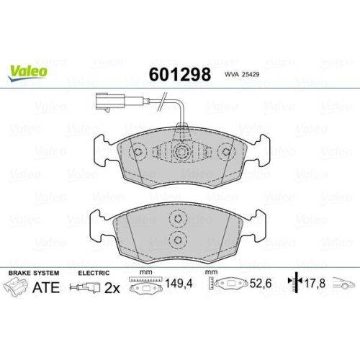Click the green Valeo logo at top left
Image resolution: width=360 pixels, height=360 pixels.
coord(29,71)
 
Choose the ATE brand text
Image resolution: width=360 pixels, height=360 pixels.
coord(45,289)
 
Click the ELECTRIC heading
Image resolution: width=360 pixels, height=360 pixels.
coord(94,274)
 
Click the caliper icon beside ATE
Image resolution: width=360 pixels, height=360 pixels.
coord(16,289)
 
